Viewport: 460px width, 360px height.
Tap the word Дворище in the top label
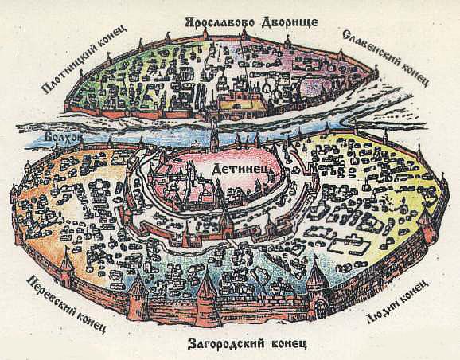290,22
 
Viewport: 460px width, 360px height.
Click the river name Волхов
63,138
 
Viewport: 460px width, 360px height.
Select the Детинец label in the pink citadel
239,170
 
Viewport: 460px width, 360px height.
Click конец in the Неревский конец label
91,322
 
